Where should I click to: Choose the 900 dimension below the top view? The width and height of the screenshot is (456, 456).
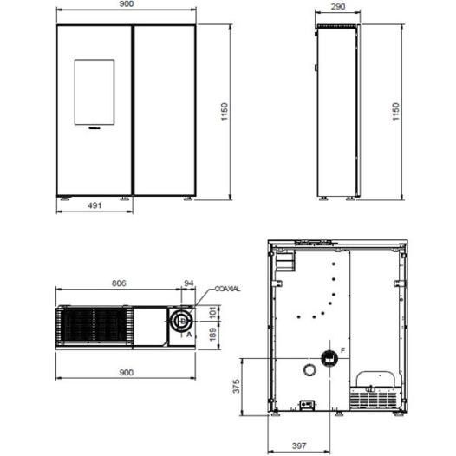coord(127,373)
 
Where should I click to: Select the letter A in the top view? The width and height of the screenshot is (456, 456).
coord(189,333)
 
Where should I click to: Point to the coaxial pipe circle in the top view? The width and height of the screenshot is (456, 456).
coord(180,322)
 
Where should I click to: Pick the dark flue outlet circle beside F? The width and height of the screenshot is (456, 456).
coord(329,357)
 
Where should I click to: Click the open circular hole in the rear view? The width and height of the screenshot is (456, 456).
coord(309,371)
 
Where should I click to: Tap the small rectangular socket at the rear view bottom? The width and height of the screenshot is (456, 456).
coord(305,403)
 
